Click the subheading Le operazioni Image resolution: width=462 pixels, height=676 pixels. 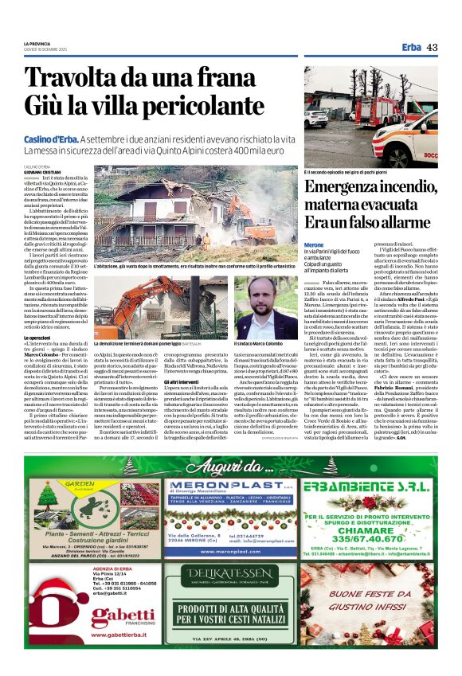click(x=40, y=338)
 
